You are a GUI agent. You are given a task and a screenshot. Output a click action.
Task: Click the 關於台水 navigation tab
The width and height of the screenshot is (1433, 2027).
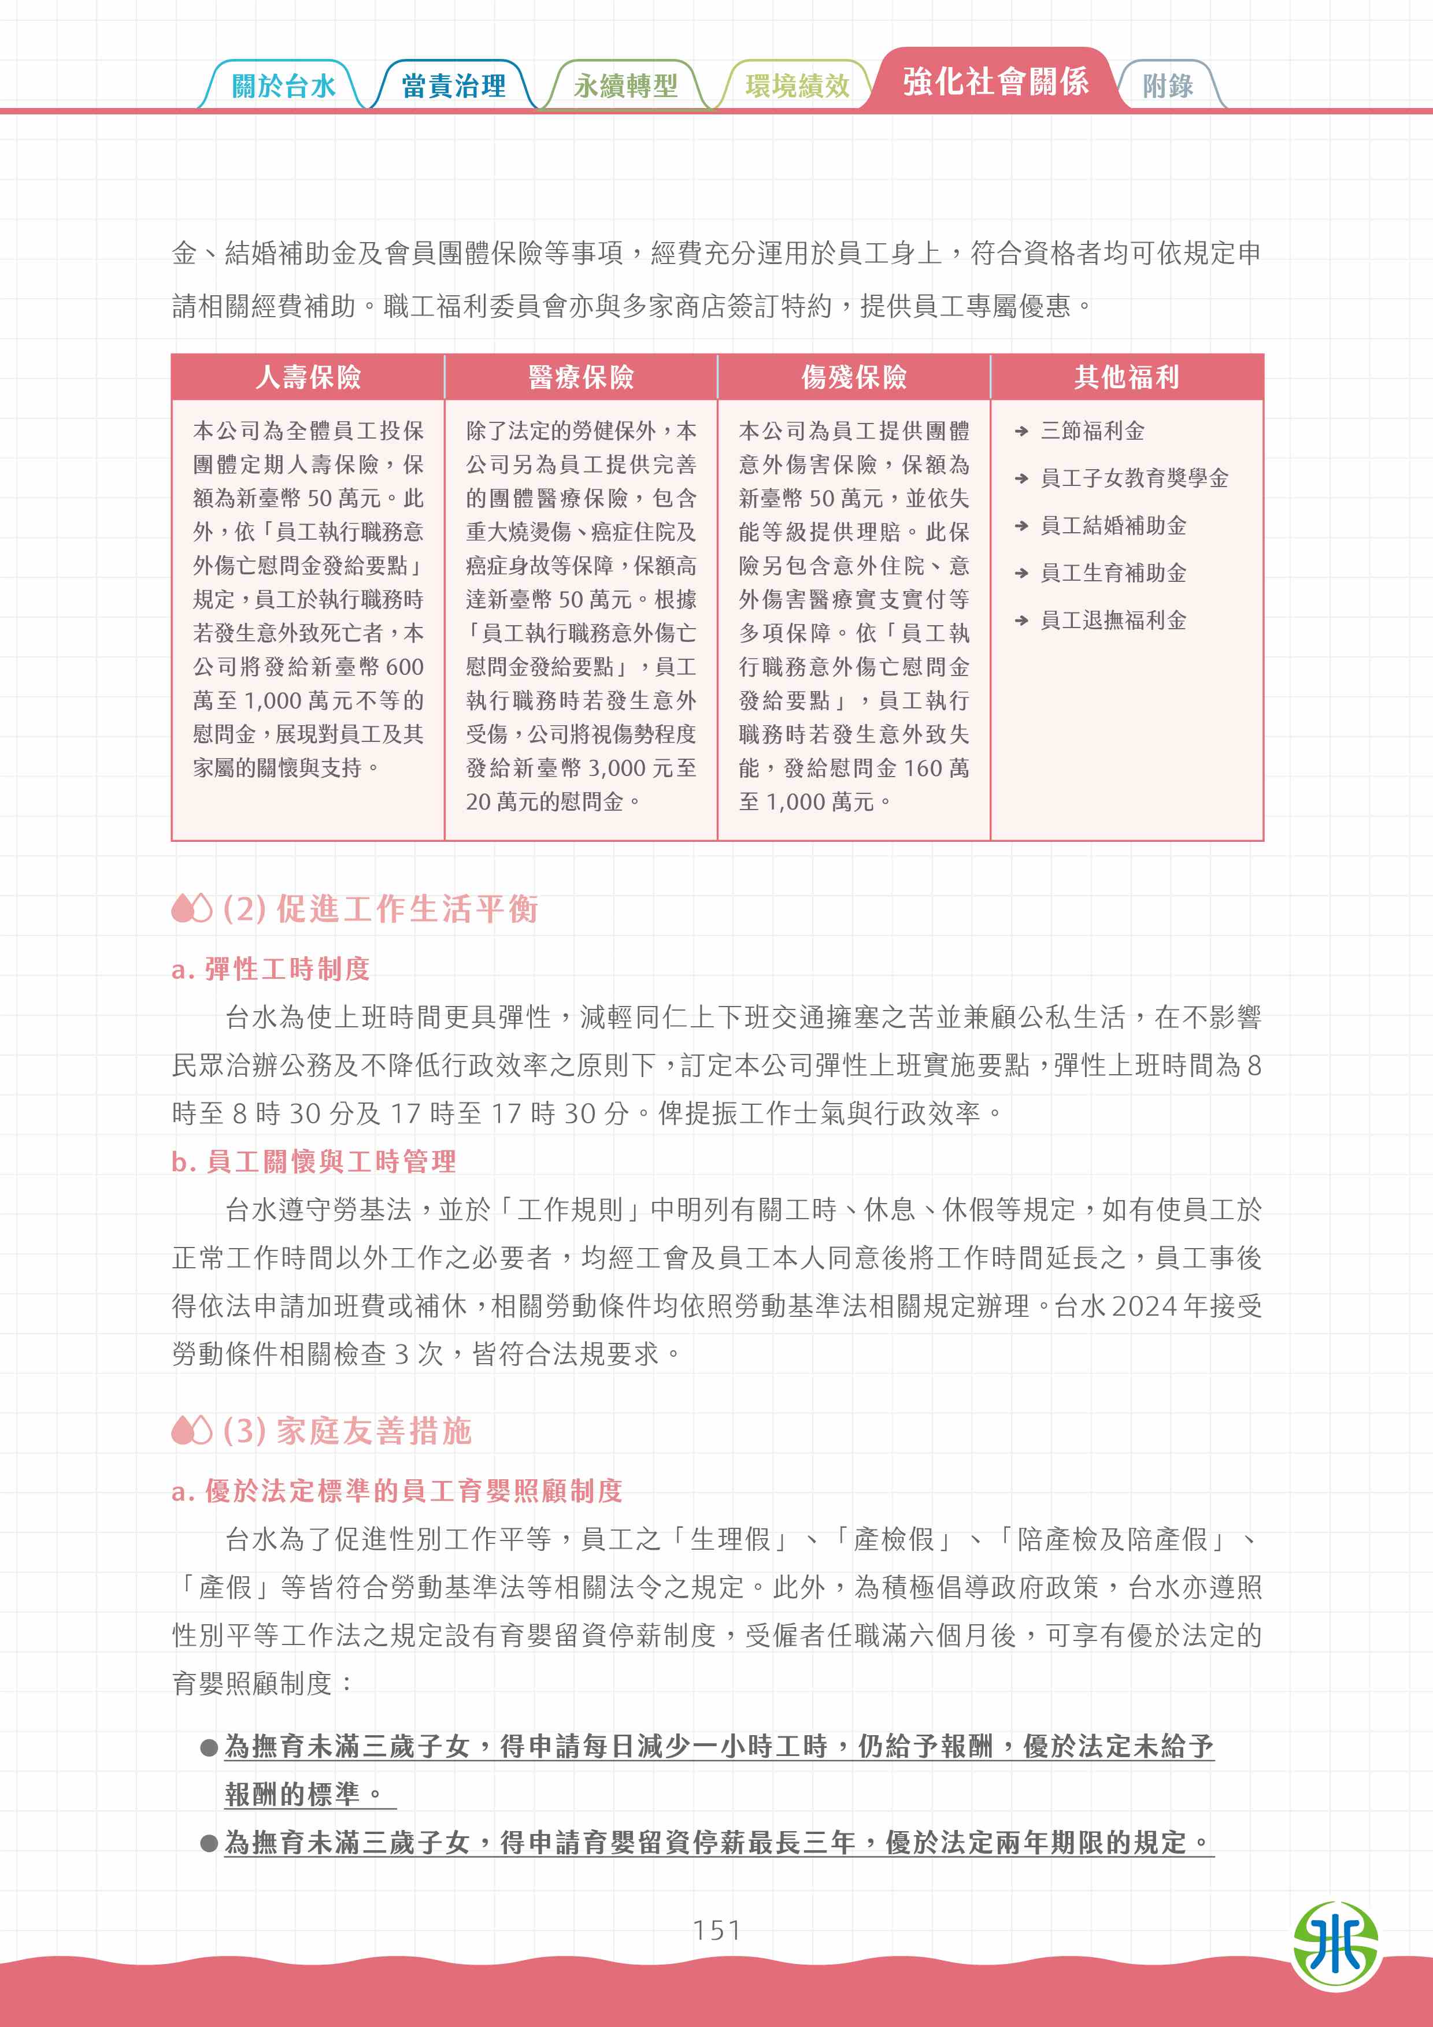tap(283, 86)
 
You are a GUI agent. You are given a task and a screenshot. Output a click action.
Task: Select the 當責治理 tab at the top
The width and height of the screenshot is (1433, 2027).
tap(453, 86)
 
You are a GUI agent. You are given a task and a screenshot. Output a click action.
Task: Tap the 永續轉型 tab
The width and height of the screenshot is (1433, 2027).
tap(625, 86)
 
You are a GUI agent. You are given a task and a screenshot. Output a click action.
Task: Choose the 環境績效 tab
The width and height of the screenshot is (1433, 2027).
tap(797, 86)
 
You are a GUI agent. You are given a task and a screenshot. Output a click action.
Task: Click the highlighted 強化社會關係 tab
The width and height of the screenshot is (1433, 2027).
tap(995, 81)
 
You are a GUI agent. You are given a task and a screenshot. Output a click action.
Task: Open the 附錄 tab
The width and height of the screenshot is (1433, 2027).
tap(1167, 86)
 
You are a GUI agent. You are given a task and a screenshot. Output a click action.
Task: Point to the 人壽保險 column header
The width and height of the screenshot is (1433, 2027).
tap(308, 377)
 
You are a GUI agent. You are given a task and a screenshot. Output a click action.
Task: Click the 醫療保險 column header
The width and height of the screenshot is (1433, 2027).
tap(581, 377)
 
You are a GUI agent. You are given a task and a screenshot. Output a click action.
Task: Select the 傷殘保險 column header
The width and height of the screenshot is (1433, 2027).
tap(854, 377)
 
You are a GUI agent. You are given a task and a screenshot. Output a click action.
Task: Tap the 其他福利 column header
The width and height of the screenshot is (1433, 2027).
tap(1127, 377)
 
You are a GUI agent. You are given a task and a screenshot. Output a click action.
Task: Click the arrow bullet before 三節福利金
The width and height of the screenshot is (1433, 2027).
tap(1021, 432)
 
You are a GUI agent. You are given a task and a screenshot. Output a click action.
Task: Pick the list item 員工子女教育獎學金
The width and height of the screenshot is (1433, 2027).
tap(1134, 478)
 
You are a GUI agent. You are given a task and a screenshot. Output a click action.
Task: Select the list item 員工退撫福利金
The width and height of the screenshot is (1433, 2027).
tap(1113, 621)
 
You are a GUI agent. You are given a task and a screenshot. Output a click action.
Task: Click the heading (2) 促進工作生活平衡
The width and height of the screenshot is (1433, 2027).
tap(380, 908)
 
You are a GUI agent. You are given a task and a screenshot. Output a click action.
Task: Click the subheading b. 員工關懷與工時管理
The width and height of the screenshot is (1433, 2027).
tap(313, 1161)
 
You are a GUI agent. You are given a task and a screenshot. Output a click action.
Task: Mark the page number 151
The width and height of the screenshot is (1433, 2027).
tap(716, 1930)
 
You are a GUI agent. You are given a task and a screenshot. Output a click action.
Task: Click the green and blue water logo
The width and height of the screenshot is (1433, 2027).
tap(1335, 1945)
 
